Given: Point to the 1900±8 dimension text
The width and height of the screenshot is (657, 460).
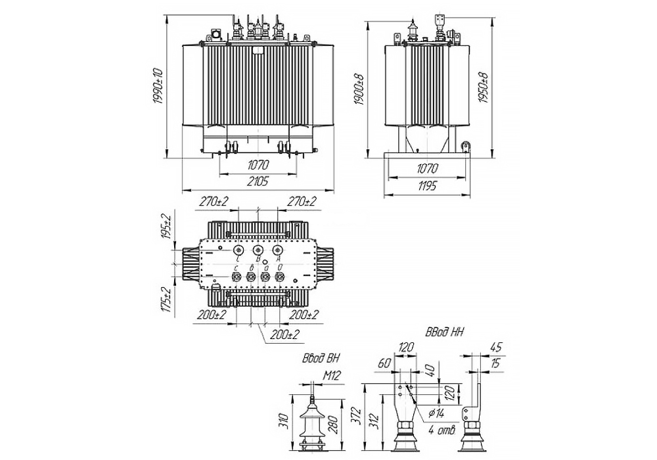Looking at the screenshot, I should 359,88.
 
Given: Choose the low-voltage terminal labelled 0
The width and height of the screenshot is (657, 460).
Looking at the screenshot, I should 280,278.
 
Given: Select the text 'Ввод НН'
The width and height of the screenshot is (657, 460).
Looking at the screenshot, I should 444,333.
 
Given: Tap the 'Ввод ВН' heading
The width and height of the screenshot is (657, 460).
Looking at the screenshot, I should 319,359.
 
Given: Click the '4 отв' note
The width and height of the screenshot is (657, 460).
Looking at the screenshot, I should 441,430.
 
